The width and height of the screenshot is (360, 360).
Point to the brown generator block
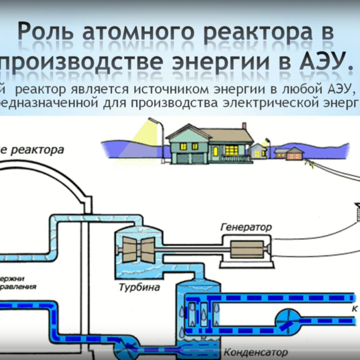click(247, 247)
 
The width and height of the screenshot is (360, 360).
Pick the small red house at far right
click(295, 153)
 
